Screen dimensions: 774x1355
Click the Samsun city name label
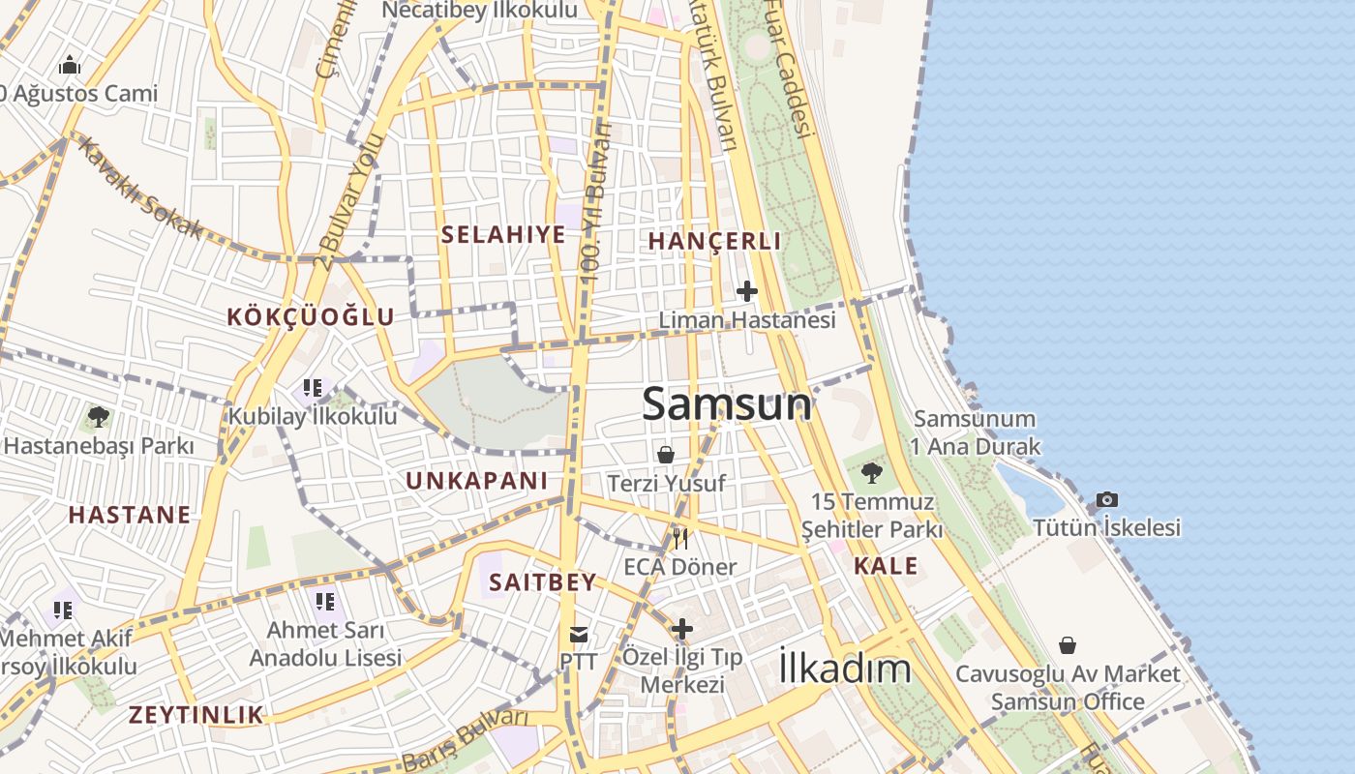(727, 403)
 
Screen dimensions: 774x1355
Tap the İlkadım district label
(845, 669)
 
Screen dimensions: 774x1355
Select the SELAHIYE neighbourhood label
(503, 234)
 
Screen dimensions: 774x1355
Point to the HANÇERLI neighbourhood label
(714, 241)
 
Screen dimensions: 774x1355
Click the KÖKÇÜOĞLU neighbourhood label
(311, 316)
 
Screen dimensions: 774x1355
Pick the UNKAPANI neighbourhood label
(476, 481)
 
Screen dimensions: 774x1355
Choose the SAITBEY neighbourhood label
(542, 582)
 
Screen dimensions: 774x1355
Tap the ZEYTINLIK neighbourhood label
(196, 715)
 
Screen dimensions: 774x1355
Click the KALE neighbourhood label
(886, 566)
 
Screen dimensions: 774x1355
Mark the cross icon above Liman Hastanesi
(747, 290)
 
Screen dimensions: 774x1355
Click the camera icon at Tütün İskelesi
(1107, 499)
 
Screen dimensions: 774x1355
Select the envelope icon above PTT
(579, 635)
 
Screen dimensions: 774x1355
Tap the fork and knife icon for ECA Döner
(680, 538)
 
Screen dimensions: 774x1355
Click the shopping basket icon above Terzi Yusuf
(666, 454)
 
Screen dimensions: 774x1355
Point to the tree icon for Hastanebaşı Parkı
(98, 417)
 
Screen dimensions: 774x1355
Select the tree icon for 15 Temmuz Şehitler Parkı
(871, 473)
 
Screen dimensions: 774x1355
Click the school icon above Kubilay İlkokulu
(312, 388)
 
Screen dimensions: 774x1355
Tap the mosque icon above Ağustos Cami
(70, 66)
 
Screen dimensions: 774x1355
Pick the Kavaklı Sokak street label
(140, 188)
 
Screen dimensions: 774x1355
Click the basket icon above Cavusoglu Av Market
(1068, 644)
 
